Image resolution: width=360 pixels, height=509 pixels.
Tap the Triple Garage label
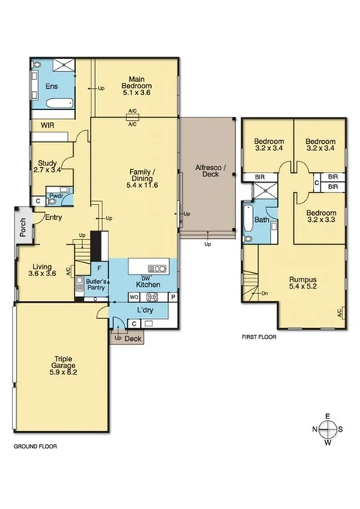tap(63, 364)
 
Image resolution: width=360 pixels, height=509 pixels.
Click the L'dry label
tap(144, 310)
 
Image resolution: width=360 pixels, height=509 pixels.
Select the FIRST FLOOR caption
tap(259, 337)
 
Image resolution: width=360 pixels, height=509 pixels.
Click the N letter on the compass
tap(316, 430)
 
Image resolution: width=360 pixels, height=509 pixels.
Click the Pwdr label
tap(56, 196)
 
